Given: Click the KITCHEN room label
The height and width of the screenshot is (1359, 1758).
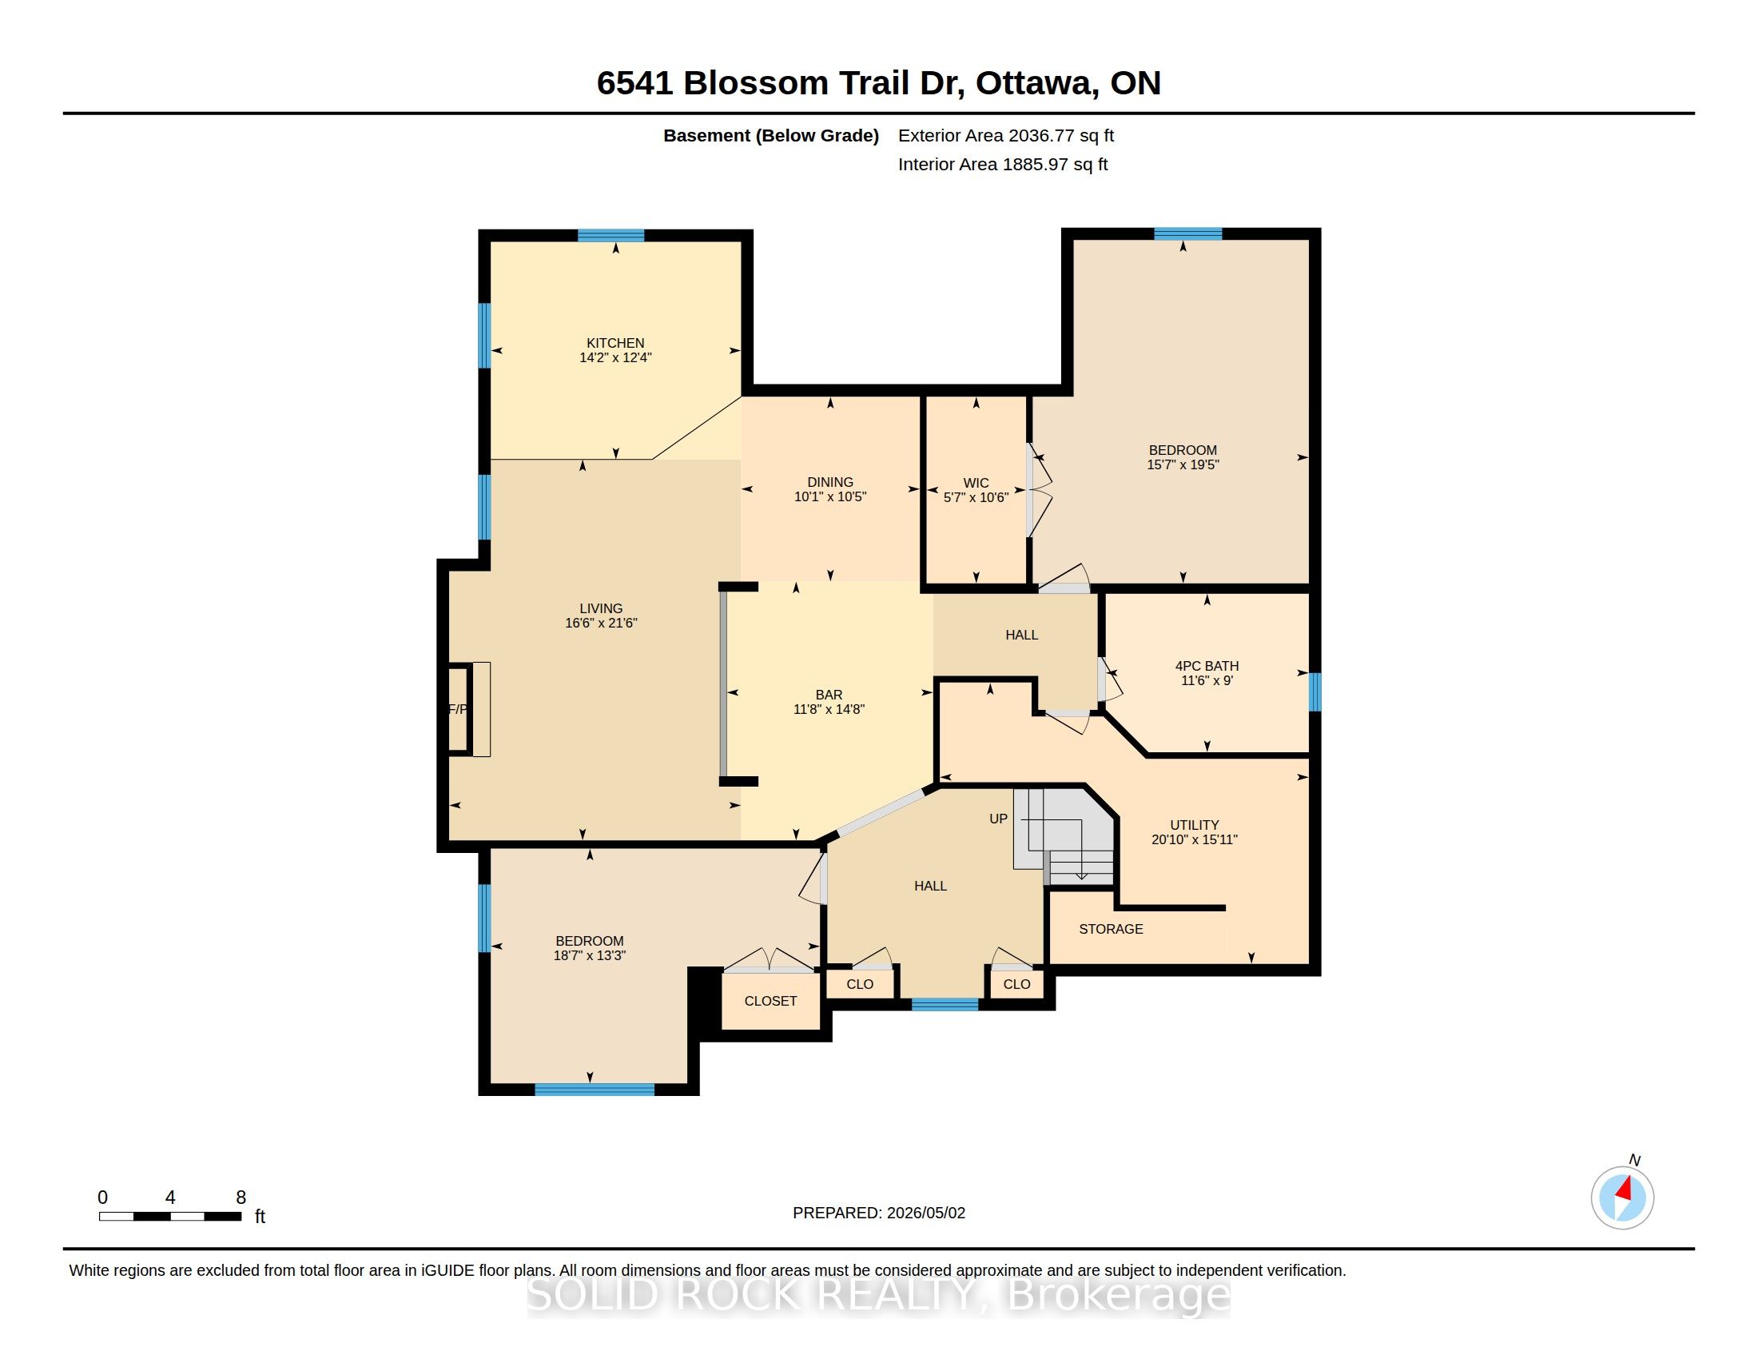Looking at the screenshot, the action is [x=615, y=343].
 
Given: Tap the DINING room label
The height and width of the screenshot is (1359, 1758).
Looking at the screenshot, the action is [x=830, y=482].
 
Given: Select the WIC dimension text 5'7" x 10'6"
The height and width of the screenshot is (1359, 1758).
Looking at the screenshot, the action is [x=976, y=497].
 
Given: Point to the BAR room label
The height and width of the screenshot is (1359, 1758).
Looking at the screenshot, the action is [x=829, y=695].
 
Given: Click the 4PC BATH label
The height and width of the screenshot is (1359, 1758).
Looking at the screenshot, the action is [x=1207, y=666].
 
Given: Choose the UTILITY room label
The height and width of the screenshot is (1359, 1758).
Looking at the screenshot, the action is [x=1195, y=825].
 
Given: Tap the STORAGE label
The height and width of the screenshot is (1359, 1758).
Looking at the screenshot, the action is [x=1111, y=929].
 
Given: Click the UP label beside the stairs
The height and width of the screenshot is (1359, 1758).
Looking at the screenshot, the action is [x=998, y=819].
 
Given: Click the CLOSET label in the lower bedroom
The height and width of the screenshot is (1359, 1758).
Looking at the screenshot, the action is [x=770, y=1001].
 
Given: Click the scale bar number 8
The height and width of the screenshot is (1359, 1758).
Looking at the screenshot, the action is [x=241, y=1198].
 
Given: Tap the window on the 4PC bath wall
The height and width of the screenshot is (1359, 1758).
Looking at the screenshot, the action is [x=1315, y=692].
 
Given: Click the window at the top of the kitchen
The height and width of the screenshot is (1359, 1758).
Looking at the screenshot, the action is [x=611, y=236].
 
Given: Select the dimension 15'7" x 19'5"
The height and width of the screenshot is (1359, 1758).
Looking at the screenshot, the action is [x=1183, y=464].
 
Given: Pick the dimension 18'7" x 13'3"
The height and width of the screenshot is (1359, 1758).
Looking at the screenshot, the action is [x=589, y=955].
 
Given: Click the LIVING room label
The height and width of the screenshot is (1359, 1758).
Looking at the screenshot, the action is [x=601, y=608].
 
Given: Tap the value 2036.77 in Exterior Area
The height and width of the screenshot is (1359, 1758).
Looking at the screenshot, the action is [x=1040, y=135].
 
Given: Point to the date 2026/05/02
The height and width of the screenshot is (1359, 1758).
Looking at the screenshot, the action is [x=925, y=1214].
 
